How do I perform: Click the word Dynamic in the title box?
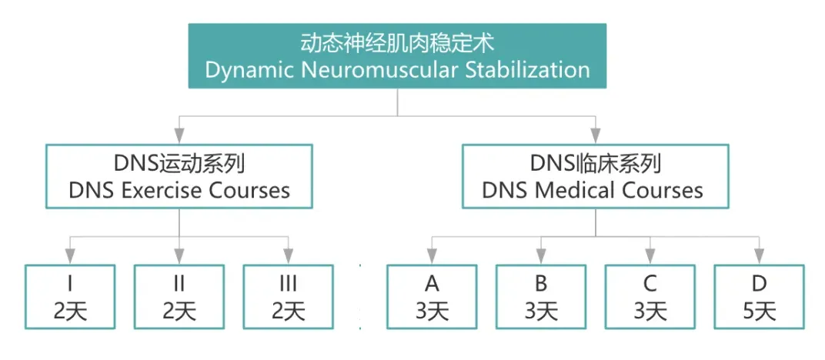pyautogui.click(x=245, y=70)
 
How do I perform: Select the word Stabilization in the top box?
pyautogui.click(x=527, y=70)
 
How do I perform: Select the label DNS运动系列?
pyautogui.click(x=179, y=164)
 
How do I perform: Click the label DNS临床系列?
pyautogui.click(x=595, y=164)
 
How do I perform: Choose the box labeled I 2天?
pyautogui.click(x=70, y=297)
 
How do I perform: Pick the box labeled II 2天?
pyautogui.click(x=179, y=297)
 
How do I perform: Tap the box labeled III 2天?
pyautogui.click(x=289, y=297)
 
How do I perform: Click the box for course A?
pyautogui.click(x=432, y=297)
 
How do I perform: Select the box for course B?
pyautogui.click(x=541, y=297)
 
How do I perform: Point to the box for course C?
pyautogui.click(x=650, y=297)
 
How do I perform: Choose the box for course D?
pyautogui.click(x=759, y=297)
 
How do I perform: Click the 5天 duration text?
pyautogui.click(x=759, y=311)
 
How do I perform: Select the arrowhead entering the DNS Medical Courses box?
pyautogui.click(x=595, y=137)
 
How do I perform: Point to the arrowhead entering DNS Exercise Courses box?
pyautogui.click(x=179, y=137)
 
